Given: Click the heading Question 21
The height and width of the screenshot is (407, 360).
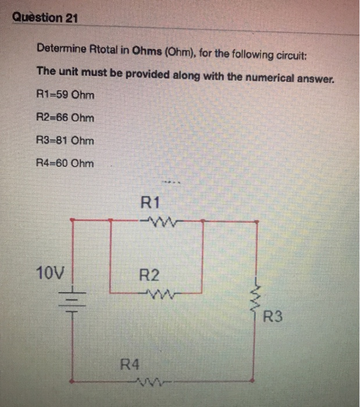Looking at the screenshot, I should coord(45,18).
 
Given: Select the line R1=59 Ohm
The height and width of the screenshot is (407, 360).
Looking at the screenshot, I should coord(65,95).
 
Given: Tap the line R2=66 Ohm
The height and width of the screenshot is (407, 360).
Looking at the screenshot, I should coord(65,117).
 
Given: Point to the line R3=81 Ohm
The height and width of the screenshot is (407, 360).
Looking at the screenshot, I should coord(65,140).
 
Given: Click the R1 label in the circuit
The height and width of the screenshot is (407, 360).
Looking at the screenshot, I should coord(150,203).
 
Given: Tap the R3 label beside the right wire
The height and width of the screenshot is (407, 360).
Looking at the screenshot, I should coord(273,317).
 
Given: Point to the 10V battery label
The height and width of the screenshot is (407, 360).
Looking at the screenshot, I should coord(51,272).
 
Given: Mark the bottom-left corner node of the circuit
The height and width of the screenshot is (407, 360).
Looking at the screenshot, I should coord(72,381).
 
